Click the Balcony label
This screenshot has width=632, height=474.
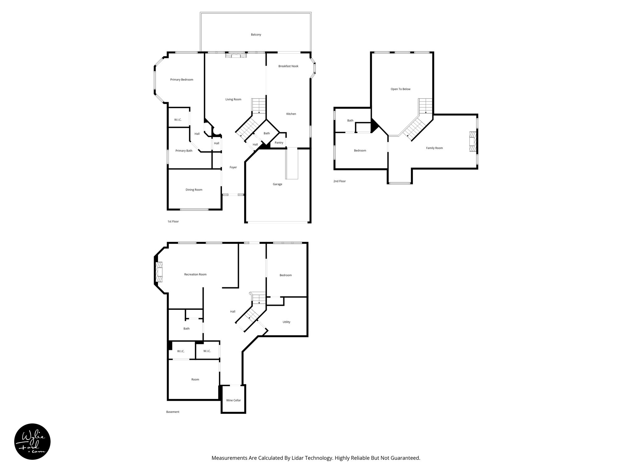point(256,35)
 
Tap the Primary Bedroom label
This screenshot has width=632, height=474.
point(181,80)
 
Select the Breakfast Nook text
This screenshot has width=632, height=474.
point(288,66)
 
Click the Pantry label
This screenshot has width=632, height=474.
point(279,143)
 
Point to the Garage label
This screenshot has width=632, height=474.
point(277,184)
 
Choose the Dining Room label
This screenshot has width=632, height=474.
point(194,190)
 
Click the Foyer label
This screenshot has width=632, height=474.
point(233,167)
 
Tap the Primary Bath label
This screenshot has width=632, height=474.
point(184,151)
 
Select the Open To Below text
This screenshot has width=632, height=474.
point(400,89)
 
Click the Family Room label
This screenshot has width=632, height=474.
point(434,148)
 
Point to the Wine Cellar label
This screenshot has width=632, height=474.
point(233,400)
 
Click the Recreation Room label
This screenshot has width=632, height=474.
point(195,274)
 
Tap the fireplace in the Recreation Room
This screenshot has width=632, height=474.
point(159,272)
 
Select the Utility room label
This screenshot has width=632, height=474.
point(286,322)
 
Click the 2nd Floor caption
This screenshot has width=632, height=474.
point(339,181)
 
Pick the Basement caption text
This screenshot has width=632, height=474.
point(173,412)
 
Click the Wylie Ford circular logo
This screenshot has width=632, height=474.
point(32,441)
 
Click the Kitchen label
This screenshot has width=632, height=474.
point(291,114)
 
